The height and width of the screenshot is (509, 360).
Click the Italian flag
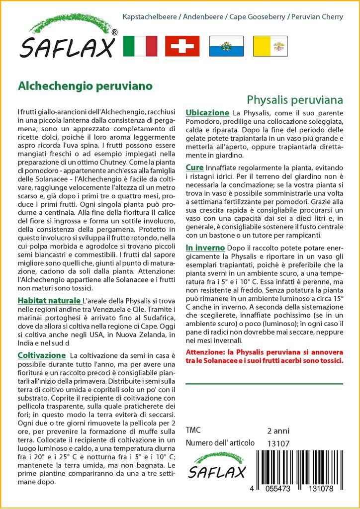click(x=140, y=46)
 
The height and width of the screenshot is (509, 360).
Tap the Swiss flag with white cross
click(x=182, y=46)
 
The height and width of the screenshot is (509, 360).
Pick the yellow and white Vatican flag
click(x=270, y=46)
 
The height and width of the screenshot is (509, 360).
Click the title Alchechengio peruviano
click(x=85, y=85)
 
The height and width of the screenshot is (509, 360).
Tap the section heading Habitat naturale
click(x=49, y=301)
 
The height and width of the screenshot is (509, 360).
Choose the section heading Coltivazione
click(x=41, y=355)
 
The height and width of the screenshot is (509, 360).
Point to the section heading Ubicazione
click(x=207, y=113)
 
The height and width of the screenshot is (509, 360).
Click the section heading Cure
click(x=194, y=168)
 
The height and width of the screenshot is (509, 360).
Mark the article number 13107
click(x=277, y=443)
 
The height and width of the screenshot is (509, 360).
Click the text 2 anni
click(x=278, y=430)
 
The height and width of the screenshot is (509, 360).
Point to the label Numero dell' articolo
click(x=220, y=443)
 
